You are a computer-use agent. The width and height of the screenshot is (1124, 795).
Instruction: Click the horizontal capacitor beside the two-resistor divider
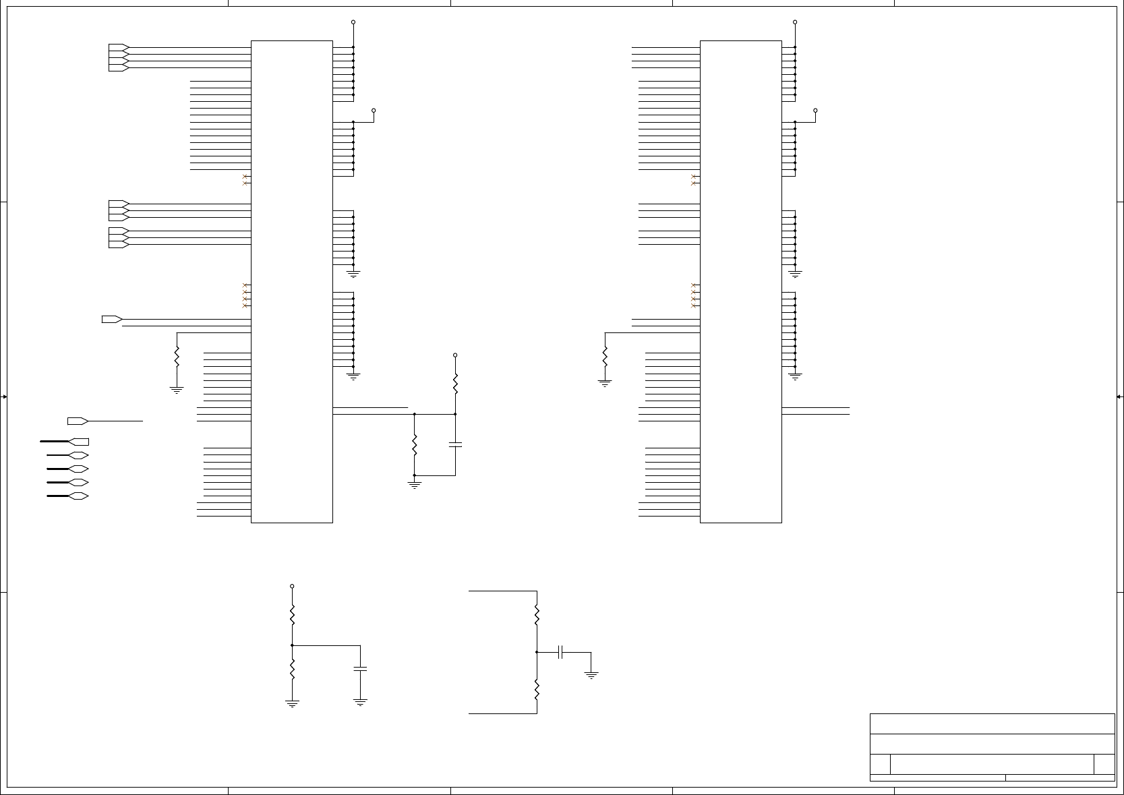[560, 652]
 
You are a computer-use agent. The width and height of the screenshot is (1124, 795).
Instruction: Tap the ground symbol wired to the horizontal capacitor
[591, 674]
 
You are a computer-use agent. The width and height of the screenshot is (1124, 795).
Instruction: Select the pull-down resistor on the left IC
[177, 357]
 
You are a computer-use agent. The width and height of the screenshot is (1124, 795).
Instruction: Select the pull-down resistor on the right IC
[605, 356]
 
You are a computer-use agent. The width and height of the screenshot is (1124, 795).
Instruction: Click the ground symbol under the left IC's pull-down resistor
[177, 390]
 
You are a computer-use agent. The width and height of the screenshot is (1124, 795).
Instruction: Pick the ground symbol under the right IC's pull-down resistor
[605, 383]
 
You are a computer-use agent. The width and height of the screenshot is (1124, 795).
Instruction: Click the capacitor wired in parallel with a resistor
[455, 444]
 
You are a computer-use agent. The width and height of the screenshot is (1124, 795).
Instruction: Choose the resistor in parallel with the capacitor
[415, 445]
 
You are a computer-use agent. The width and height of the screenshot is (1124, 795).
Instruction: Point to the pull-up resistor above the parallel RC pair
[455, 384]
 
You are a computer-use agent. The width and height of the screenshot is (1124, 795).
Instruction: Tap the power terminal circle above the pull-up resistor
[455, 355]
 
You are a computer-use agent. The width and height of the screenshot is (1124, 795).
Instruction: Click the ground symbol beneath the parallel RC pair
[415, 484]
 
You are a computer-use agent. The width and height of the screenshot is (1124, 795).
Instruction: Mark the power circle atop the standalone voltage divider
[292, 586]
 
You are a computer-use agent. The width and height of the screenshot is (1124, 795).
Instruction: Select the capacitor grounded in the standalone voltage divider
[360, 668]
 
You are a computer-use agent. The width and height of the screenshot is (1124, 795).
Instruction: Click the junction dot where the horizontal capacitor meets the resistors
[537, 652]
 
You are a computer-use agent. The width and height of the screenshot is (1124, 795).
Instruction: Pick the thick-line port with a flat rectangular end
[78, 442]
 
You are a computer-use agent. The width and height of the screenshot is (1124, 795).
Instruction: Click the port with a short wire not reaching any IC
[78, 421]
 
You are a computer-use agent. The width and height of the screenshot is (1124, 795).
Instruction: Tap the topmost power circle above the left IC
[353, 22]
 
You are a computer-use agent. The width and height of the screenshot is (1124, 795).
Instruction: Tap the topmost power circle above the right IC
[795, 22]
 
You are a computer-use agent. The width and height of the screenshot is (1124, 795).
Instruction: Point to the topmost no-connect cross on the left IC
[245, 177]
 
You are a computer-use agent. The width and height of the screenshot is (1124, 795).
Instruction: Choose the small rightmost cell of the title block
[1103, 764]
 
